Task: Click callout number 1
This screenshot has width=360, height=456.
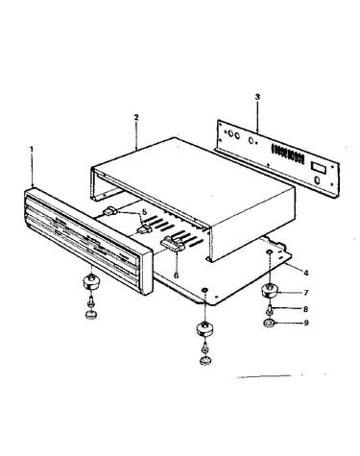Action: point(32,149)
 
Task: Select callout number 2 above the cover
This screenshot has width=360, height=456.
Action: point(136,117)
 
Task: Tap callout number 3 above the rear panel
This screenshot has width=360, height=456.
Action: point(258,97)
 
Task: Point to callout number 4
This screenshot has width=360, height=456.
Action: point(306,273)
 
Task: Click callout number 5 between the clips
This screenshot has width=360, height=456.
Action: point(144,211)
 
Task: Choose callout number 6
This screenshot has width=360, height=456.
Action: point(177,275)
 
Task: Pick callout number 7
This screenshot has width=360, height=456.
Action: point(306,293)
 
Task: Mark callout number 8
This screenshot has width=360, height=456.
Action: point(305,309)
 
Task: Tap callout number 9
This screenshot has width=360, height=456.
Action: point(306,323)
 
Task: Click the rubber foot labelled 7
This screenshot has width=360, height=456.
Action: point(270,291)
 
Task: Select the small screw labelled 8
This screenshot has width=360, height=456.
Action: point(270,309)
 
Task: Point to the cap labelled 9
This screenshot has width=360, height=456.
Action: point(269,324)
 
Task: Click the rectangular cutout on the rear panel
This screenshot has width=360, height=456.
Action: point(319,166)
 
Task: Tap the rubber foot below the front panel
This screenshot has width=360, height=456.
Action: point(91,282)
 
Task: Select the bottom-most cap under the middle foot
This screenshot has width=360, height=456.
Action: point(204,361)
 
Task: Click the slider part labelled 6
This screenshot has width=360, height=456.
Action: point(173,243)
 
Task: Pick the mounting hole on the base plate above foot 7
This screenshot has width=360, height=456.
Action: point(270,253)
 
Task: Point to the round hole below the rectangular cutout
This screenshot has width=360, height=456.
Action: point(317,180)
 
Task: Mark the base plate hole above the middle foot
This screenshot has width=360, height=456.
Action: point(204,290)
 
